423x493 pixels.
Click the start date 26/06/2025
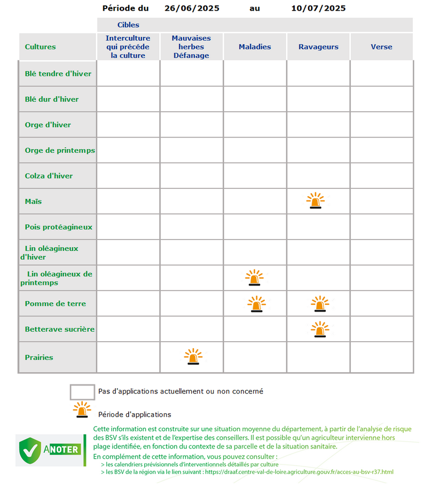point(192,9)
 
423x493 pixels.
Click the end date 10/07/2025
point(318,9)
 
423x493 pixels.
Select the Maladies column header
point(255,47)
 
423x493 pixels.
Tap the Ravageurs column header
point(318,47)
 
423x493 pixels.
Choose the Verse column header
point(381,47)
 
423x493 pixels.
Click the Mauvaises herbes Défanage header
point(191,47)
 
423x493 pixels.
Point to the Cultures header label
point(41,47)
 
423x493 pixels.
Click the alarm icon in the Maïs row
point(315,201)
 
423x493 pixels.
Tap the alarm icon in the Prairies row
point(193,357)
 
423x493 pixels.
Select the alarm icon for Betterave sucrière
point(319,329)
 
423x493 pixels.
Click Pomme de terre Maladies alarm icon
point(256,304)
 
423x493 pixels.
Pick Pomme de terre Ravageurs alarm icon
point(319,304)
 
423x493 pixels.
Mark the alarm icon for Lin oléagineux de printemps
point(254,278)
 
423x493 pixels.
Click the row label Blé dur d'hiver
point(52,99)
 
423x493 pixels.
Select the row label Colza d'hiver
point(49,176)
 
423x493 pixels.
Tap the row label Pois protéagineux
point(59,227)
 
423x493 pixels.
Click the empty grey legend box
point(82,392)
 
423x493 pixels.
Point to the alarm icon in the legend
point(82,410)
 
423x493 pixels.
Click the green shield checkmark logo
point(30,450)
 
